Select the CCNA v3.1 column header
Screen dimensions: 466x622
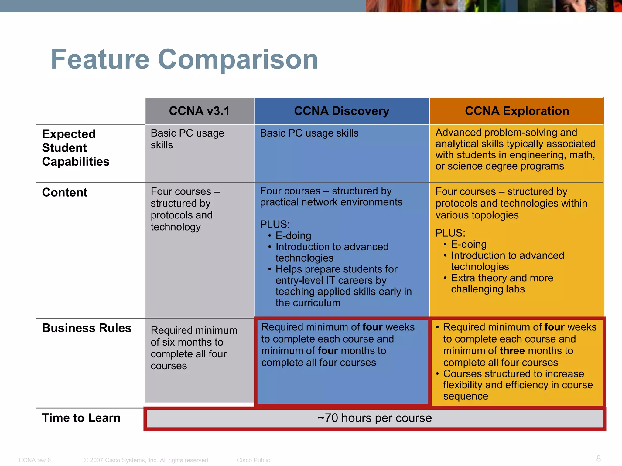pos(199,111)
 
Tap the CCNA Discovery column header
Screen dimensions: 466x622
pos(341,111)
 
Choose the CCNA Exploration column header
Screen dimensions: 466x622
pos(517,111)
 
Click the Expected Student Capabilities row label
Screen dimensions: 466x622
pos(75,148)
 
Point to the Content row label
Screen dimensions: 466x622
pos(65,192)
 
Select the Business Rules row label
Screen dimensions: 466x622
pos(87,328)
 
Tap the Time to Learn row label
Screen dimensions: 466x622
pos(81,418)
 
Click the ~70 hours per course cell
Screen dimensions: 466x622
pos(374,418)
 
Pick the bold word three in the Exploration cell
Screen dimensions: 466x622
pos(512,351)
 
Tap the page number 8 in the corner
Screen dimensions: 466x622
pos(598,458)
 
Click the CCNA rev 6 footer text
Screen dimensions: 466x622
pos(35,460)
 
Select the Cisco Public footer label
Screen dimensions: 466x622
pos(253,460)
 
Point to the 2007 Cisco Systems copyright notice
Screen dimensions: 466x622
pos(147,460)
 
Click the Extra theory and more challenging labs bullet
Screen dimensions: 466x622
pos(502,283)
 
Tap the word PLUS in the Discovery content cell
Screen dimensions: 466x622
pos(275,224)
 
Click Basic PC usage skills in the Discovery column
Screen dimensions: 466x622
pos(309,133)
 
